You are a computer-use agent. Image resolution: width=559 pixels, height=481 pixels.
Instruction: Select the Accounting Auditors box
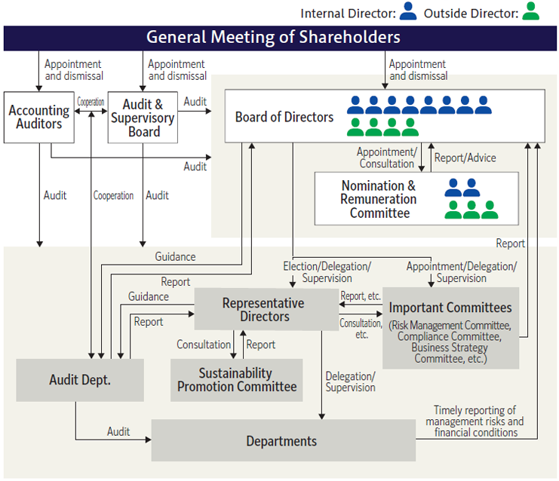pyautogui.click(x=38, y=117)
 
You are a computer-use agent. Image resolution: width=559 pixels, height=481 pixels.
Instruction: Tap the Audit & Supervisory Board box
pyautogui.click(x=143, y=118)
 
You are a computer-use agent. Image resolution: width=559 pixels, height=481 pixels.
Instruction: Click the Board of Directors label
pyautogui.click(x=284, y=117)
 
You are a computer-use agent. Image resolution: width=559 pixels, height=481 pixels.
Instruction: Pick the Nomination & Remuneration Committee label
pyautogui.click(x=378, y=199)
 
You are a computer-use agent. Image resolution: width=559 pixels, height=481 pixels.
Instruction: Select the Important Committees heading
pyautogui.click(x=450, y=308)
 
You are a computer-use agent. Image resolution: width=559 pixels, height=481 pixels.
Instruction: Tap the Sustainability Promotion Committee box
pyautogui.click(x=236, y=380)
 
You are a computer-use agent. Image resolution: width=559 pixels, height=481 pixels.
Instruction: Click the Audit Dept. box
pyautogui.click(x=80, y=380)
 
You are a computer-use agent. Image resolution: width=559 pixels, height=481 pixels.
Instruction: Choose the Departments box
pyautogui.click(x=282, y=441)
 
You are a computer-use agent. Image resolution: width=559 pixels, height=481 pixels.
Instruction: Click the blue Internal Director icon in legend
pyautogui.click(x=408, y=12)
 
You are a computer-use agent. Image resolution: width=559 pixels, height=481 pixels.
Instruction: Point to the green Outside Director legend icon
pyautogui.click(x=531, y=12)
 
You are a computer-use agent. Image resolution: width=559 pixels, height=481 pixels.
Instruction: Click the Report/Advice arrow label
pyautogui.click(x=465, y=158)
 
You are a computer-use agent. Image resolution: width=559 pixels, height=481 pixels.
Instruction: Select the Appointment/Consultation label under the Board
pyautogui.click(x=386, y=158)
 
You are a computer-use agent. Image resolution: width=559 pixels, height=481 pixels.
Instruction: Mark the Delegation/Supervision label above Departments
pyautogui.click(x=350, y=381)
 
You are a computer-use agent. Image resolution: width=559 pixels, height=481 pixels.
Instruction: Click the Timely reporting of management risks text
pyautogui.click(x=475, y=421)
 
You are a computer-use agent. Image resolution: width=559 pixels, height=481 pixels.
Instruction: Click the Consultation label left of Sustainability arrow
pyautogui.click(x=204, y=345)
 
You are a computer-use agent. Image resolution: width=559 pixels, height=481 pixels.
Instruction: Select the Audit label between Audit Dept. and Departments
pyautogui.click(x=118, y=432)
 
